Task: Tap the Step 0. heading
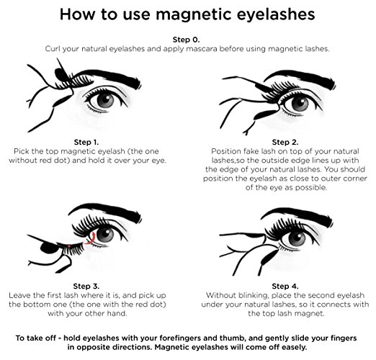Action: click(186, 40)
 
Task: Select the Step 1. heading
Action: click(86, 143)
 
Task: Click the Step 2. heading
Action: click(285, 143)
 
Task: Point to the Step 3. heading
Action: click(86, 286)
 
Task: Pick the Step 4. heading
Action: click(285, 286)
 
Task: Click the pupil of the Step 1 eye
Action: click(105, 100)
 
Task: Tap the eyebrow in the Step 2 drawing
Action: click(300, 79)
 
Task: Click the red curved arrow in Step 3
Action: click(91, 239)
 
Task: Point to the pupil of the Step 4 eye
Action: click(297, 238)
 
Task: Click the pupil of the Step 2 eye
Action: click(300, 102)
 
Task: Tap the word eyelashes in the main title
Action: click(276, 15)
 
